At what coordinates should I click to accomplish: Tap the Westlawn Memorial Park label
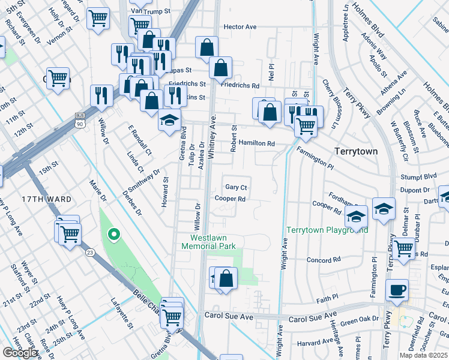[x=209, y=242]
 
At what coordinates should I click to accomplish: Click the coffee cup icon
[x=397, y=290]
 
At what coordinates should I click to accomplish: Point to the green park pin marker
[x=112, y=235]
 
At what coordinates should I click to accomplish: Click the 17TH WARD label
[x=47, y=199]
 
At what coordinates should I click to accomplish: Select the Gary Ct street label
[x=236, y=187]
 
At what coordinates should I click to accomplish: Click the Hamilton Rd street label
[x=256, y=144]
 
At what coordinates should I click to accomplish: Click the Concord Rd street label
[x=324, y=260]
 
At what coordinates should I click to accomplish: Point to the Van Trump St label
[x=148, y=11]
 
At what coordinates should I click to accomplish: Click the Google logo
[x=20, y=353]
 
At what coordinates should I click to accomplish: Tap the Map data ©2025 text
[x=423, y=355]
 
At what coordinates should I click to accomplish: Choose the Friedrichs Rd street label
[x=240, y=86]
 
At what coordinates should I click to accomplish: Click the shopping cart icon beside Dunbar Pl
[x=403, y=247]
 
